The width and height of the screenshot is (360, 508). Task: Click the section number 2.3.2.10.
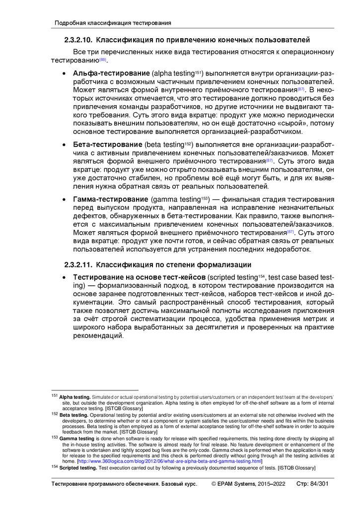point(77,40)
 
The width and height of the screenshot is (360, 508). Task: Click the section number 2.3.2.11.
point(77,264)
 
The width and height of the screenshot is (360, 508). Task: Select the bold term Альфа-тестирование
point(111,73)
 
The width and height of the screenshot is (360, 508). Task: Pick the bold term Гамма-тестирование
point(111,199)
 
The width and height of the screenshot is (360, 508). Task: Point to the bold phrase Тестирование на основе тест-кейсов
point(139,277)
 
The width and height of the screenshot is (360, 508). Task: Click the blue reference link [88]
point(103,60)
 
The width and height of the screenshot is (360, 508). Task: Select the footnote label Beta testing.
point(73,415)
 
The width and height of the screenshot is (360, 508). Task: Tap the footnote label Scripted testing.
point(78,467)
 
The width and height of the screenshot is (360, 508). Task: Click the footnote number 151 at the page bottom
point(55,396)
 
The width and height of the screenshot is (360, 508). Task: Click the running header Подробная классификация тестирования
point(113,23)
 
